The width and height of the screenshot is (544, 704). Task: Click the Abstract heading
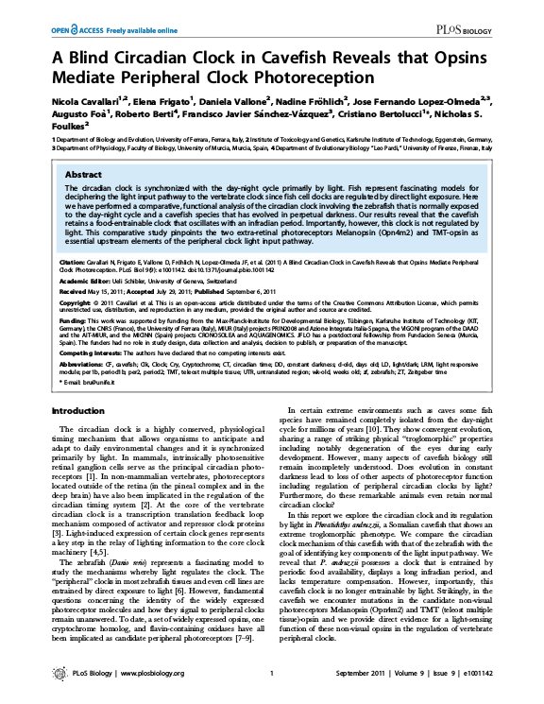[85, 175]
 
